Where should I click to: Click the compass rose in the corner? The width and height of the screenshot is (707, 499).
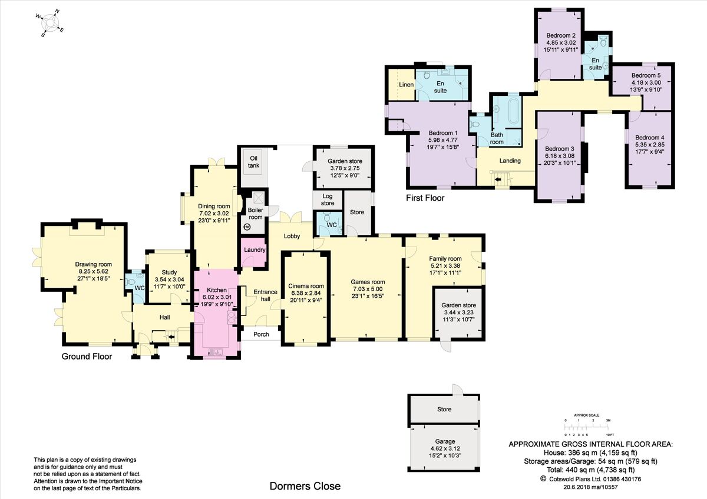(50, 24)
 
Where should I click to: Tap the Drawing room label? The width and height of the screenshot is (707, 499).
(94, 264)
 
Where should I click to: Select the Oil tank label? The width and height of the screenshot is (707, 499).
(253, 162)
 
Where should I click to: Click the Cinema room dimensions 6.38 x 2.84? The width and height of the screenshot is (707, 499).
(306, 293)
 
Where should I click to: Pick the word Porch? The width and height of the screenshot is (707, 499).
(262, 334)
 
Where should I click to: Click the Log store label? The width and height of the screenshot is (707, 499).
(328, 200)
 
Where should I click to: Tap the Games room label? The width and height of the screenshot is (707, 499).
(368, 282)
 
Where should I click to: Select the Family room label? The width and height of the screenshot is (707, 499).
(445, 259)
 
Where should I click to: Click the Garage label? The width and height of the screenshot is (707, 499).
(445, 442)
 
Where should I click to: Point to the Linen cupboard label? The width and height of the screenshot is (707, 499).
(406, 85)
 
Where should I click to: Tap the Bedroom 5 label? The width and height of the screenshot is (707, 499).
(646, 76)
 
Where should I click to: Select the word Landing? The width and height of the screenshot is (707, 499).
(510, 161)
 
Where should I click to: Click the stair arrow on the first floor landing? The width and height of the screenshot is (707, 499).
(498, 179)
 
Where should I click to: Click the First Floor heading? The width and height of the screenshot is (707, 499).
(425, 198)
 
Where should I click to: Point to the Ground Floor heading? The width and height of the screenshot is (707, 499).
(87, 357)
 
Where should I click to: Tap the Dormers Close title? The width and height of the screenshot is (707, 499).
(305, 486)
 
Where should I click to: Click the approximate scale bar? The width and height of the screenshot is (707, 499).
(587, 427)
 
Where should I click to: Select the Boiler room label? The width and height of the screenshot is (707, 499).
(255, 214)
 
